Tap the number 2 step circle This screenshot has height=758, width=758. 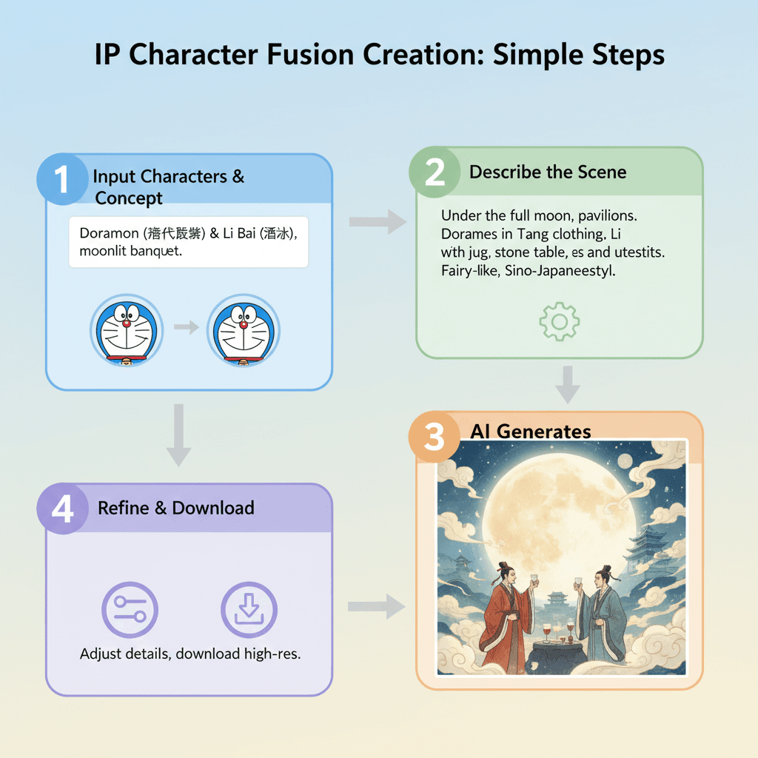(x=435, y=172)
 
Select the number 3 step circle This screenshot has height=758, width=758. (x=434, y=437)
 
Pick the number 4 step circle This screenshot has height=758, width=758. (x=62, y=509)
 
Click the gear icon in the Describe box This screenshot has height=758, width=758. (x=560, y=321)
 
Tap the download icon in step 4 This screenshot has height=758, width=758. (x=249, y=611)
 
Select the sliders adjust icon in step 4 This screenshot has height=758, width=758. (x=130, y=611)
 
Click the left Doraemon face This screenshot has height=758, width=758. (x=127, y=330)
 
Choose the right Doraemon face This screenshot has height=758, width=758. (x=245, y=330)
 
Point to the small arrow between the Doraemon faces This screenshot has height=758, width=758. (x=187, y=327)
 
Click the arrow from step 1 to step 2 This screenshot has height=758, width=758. (x=377, y=220)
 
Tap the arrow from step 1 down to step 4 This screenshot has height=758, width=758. (x=178, y=435)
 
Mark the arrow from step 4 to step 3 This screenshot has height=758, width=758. (x=377, y=608)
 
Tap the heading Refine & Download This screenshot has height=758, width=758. (x=176, y=508)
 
